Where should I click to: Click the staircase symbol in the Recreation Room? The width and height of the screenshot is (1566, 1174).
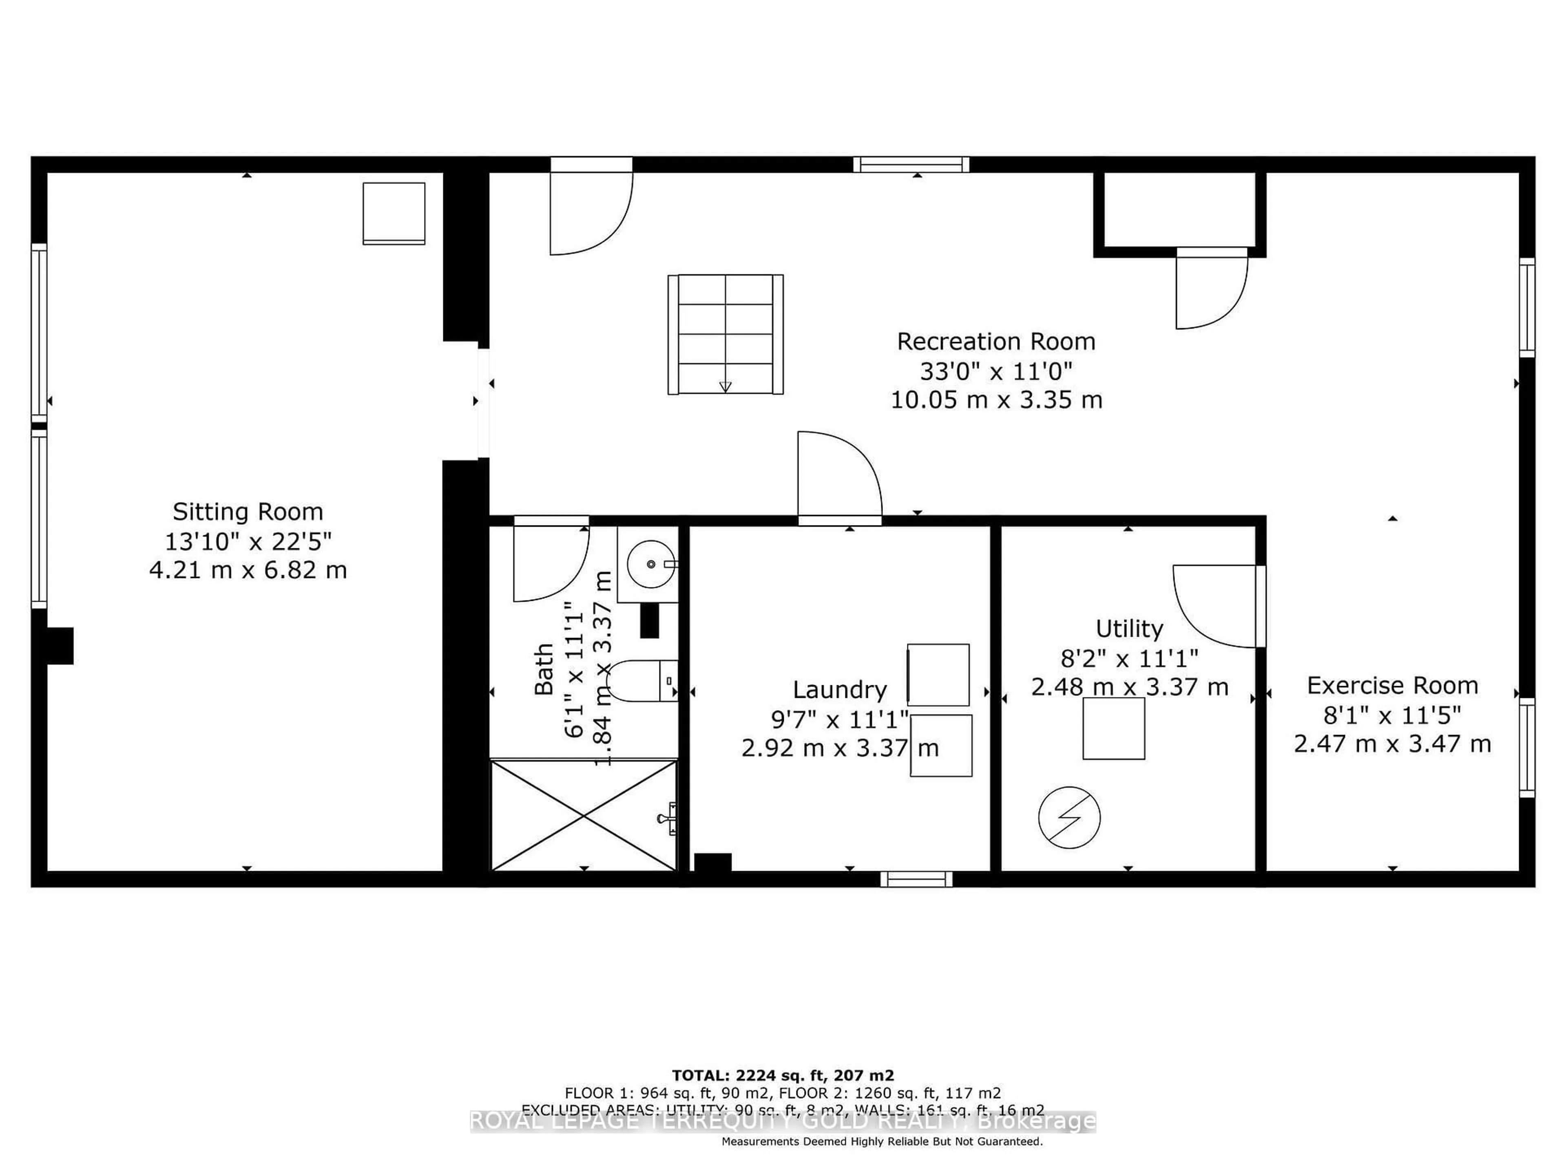click(x=725, y=334)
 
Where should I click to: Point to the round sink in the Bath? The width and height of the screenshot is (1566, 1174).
click(x=650, y=564)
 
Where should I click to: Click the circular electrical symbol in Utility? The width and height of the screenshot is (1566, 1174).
click(x=1069, y=817)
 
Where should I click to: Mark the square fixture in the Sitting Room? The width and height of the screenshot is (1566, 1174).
click(x=394, y=213)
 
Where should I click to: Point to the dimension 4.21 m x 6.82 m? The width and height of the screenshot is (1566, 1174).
click(x=248, y=569)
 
